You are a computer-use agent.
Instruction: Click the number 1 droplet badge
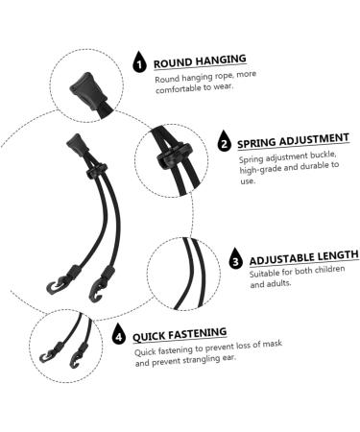click(140, 64)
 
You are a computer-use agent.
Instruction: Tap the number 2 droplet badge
click(224, 143)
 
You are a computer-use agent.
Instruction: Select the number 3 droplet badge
click(236, 260)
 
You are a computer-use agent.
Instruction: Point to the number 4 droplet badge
click(119, 336)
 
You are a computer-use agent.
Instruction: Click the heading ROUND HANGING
click(200, 60)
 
